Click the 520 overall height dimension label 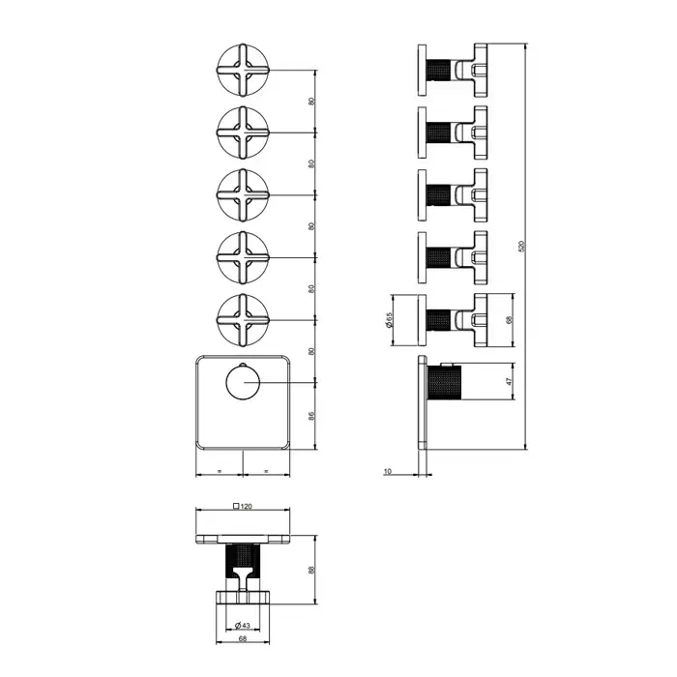(520, 247)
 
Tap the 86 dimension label (311, 416)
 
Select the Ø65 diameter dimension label (389, 320)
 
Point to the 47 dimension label (509, 381)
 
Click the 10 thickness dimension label (388, 471)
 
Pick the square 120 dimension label (243, 506)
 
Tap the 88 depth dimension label (311, 570)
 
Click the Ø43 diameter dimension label (243, 625)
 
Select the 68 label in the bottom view (243, 638)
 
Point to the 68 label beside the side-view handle (509, 320)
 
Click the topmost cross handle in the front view (243, 70)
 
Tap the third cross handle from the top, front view (243, 195)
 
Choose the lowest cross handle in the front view (243, 320)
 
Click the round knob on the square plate (243, 382)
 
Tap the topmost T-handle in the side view (453, 70)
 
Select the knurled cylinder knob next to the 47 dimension (445, 382)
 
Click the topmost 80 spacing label (311, 101)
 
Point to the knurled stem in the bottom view (243, 560)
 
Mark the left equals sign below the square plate (220, 471)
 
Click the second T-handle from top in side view (453, 132)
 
